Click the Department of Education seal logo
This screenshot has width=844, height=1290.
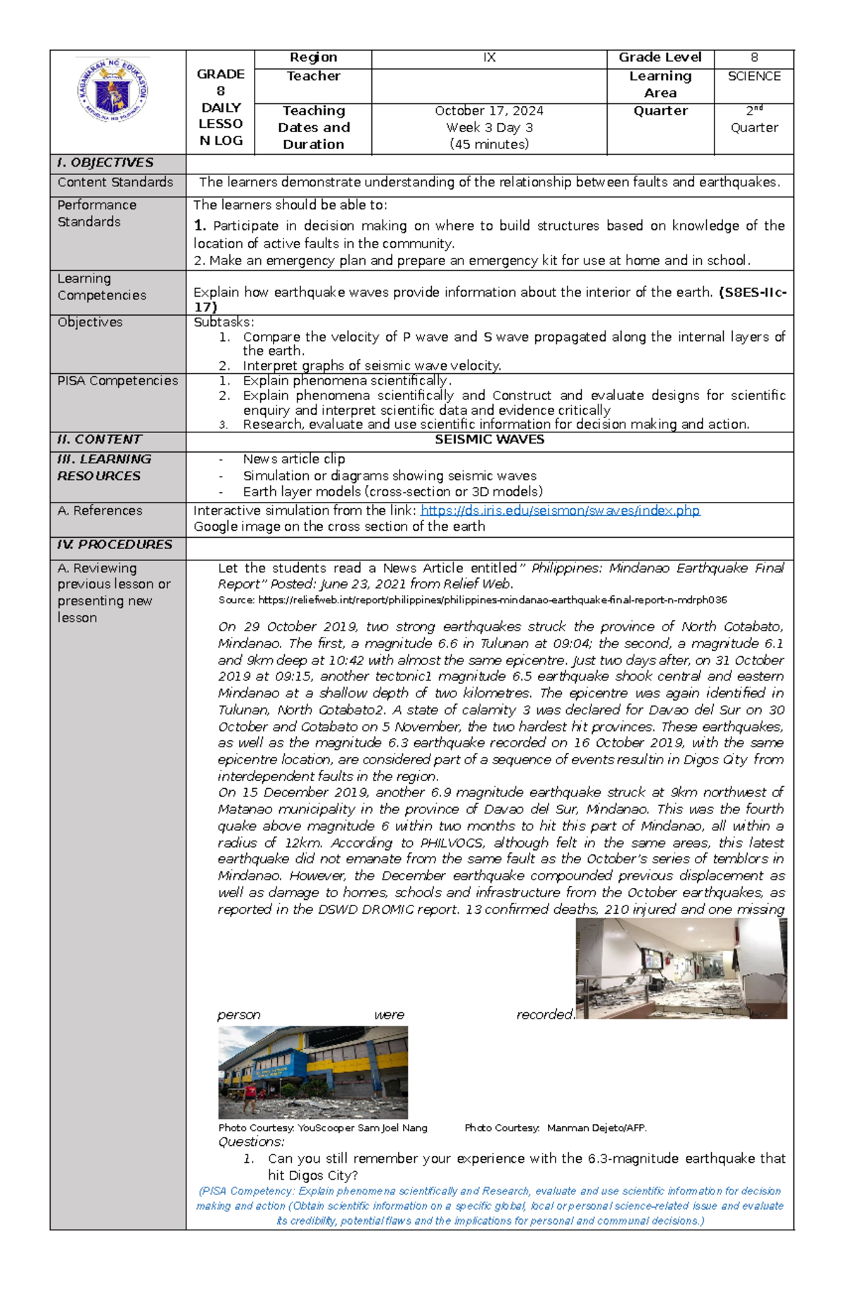coord(113,91)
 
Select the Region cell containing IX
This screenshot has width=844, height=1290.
coord(489,58)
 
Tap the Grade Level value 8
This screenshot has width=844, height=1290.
coord(754,58)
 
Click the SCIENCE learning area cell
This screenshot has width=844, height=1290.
coord(754,76)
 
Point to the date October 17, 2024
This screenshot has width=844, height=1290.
coord(489,111)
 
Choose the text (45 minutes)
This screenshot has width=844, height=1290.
coord(489,145)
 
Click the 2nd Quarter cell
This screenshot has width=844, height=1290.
coord(754,119)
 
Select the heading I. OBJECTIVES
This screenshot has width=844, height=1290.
coord(105,163)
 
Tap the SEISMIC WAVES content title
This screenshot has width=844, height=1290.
coord(490,439)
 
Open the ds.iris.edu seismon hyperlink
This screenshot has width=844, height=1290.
coord(560,511)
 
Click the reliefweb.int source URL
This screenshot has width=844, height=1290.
coord(492,600)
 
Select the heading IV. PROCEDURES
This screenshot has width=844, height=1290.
coord(115,545)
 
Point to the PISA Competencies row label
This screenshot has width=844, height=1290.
coord(117,381)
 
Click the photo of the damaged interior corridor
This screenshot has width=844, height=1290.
coord(681,969)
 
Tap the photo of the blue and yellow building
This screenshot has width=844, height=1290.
coord(313,1072)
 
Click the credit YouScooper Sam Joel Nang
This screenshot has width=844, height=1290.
coord(362,1128)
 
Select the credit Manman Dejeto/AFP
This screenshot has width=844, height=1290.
coord(596,1128)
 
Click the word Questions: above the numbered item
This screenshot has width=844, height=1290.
coord(251,1142)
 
